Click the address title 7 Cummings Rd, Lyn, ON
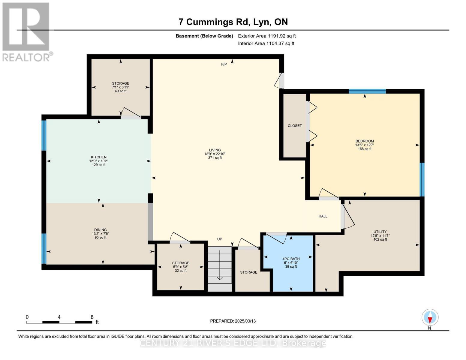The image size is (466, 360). pos(233,22)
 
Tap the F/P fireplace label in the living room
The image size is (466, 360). pos(224,64)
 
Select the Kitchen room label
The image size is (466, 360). pos(99,157)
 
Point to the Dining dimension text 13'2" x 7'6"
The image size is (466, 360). pos(101,234)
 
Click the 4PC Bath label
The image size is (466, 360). pos(291,259)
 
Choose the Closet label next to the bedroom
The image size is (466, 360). pos(295,126)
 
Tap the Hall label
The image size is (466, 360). pos(323,216)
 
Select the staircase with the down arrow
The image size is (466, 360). pos(220,268)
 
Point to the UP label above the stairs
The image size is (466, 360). pos(220,239)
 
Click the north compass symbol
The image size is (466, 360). pos(430,318)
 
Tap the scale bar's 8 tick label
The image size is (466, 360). pos(92,317)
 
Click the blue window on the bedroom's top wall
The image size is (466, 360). pos(367,91)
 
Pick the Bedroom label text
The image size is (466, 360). pos(365,141)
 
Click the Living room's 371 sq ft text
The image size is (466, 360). pos(215,158)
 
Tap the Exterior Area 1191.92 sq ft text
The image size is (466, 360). pos(267,36)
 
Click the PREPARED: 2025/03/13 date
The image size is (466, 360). pos(233,321)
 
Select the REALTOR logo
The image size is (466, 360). pos(26,31)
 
